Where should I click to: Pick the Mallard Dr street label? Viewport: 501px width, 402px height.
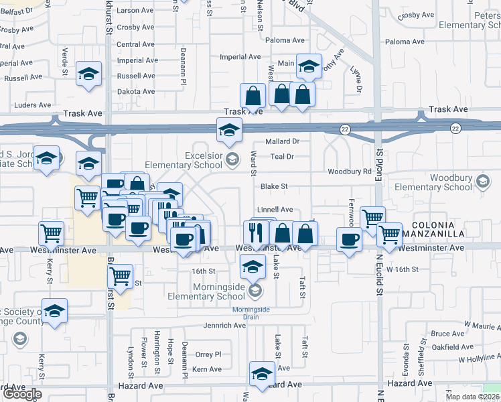(x=282, y=141)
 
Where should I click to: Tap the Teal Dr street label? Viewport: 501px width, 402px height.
(x=282, y=157)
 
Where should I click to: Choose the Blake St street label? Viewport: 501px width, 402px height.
(x=274, y=186)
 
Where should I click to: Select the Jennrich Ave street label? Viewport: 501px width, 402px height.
(x=225, y=326)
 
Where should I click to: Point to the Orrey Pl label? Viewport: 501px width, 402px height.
(x=208, y=354)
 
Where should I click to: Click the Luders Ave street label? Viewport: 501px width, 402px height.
(x=33, y=105)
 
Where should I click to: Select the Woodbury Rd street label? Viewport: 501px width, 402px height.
(x=349, y=172)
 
